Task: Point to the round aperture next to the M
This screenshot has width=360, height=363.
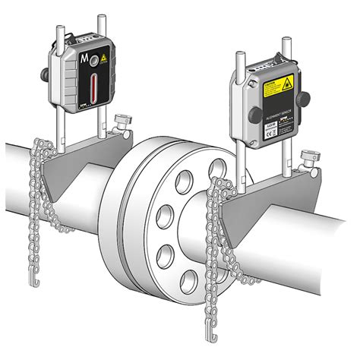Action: tap(93, 60)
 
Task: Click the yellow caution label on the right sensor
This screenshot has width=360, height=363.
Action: tap(277, 86)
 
